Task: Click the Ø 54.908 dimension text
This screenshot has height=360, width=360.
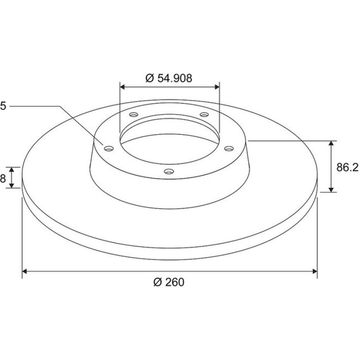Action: [169, 78]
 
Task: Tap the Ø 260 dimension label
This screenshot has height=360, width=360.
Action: [169, 282]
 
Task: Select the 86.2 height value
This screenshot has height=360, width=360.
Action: [347, 167]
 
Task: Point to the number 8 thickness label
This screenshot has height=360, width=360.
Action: [3, 178]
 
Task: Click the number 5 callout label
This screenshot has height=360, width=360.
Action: [3, 106]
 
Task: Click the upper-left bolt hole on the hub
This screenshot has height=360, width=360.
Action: [134, 114]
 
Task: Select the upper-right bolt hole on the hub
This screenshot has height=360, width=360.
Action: [204, 114]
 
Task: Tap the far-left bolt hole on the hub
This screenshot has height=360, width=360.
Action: [109, 149]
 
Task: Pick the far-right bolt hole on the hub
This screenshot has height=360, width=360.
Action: [229, 149]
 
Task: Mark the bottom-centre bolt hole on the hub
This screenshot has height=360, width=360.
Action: [169, 171]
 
